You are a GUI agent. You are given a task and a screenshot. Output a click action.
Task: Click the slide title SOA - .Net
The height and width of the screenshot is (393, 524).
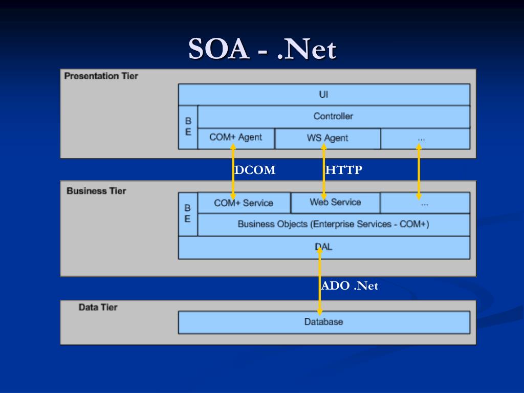[x=262, y=50]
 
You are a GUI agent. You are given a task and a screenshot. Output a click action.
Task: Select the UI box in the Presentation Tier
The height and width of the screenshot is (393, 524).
[x=323, y=95]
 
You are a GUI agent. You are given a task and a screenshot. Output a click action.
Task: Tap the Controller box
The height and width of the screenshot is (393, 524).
[x=333, y=116]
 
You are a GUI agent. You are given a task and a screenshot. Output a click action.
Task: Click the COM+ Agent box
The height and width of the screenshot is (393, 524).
[x=236, y=138]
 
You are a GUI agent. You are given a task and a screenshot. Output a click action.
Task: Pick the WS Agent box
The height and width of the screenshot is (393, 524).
[x=327, y=138]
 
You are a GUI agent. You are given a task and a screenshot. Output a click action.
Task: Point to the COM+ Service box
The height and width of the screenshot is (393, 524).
[x=244, y=203]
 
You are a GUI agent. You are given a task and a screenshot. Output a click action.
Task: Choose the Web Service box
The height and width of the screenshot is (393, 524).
[x=335, y=202]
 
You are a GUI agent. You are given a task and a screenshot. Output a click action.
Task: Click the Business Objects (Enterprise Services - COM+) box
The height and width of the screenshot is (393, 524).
[x=333, y=224]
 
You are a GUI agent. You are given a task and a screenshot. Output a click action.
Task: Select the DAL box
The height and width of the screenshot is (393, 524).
[x=323, y=247]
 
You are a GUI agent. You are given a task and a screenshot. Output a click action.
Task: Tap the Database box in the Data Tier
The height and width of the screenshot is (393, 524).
[x=323, y=322]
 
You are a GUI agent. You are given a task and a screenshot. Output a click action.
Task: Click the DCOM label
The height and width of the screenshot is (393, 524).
[x=255, y=170]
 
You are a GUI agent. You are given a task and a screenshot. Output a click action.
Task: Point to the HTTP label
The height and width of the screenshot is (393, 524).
[x=344, y=170]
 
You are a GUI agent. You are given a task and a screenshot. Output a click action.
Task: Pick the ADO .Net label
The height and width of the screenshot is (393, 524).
[x=350, y=286]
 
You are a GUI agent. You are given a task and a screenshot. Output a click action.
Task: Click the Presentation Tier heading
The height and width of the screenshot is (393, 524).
[x=101, y=76]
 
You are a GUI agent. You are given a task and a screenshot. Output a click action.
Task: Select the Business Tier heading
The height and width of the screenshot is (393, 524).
[x=96, y=191]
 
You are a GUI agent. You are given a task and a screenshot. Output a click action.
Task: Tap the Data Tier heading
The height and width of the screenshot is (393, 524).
[x=98, y=308]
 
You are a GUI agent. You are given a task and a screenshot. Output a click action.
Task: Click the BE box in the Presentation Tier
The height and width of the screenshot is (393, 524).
[x=188, y=127]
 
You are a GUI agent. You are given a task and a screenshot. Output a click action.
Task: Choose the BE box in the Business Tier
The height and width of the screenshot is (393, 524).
[x=188, y=214]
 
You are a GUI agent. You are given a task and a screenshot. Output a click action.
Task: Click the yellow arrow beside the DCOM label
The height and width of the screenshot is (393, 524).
[x=233, y=171]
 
